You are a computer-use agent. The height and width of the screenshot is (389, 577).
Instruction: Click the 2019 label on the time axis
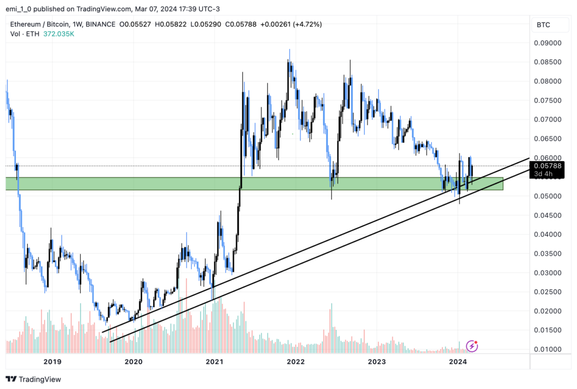[52, 362]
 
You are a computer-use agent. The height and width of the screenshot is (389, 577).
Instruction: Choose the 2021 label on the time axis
[215, 362]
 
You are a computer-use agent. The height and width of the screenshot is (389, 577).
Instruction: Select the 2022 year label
[296, 362]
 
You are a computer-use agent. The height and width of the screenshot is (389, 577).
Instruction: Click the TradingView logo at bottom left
[33, 379]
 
